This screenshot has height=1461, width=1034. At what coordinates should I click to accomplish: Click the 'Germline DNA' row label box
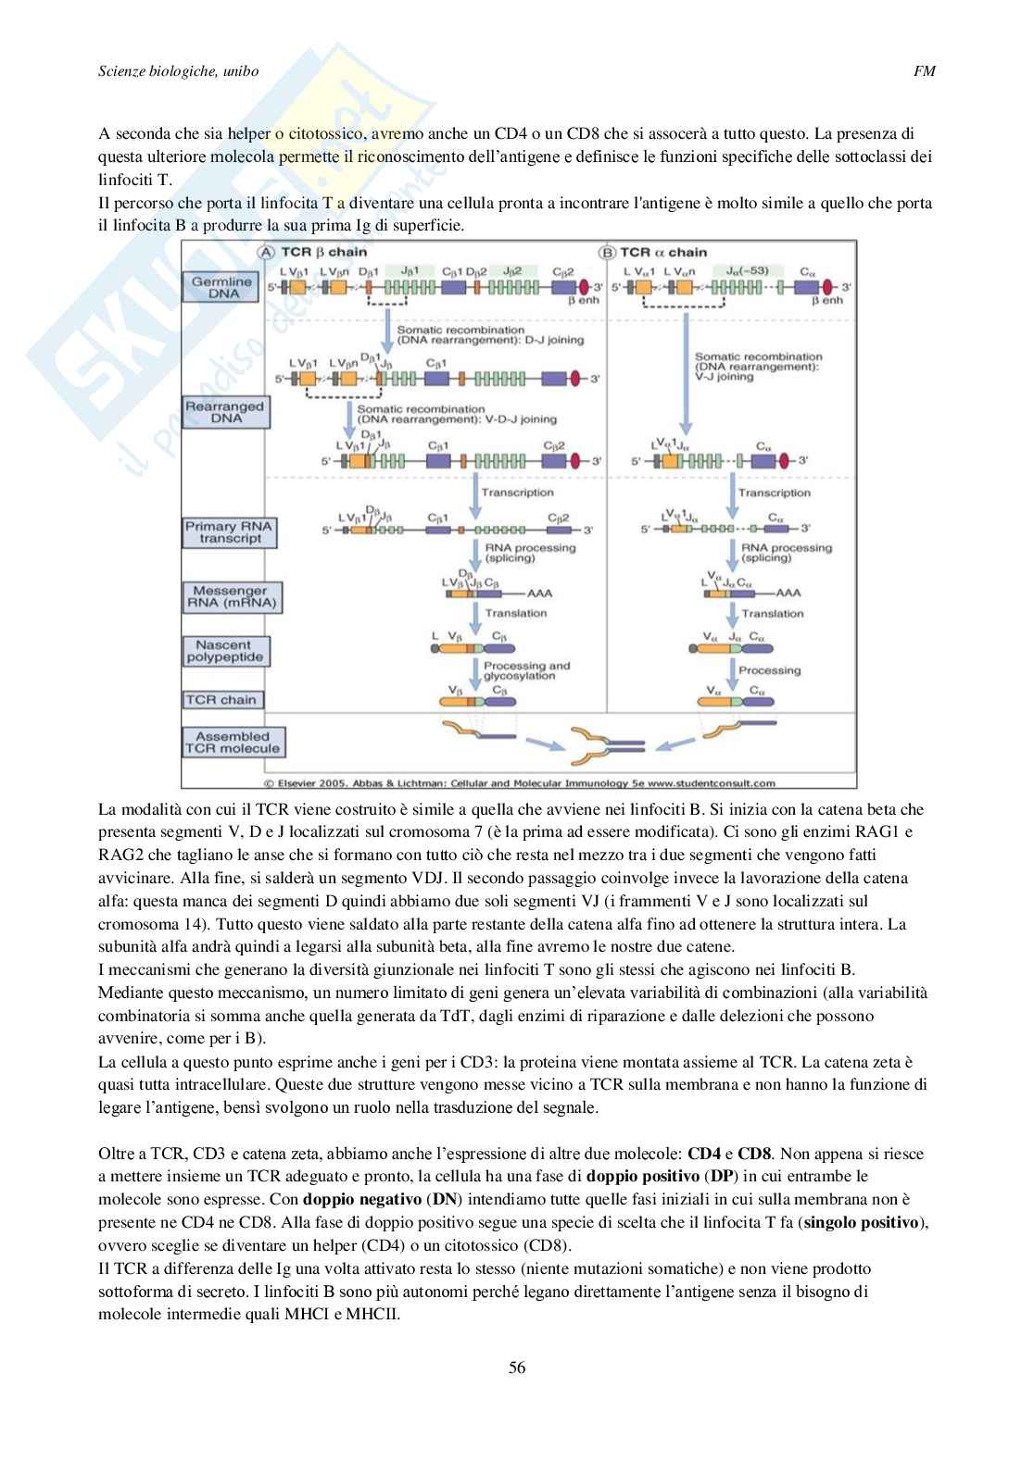click(x=224, y=286)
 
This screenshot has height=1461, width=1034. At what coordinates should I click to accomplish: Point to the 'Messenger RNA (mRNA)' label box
click(x=230, y=597)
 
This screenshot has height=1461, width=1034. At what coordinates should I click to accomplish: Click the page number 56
click(x=517, y=1367)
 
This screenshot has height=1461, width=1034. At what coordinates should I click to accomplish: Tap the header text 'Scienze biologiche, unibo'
click(x=178, y=70)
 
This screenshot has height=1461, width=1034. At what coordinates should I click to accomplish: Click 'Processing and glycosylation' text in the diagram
click(x=526, y=670)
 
